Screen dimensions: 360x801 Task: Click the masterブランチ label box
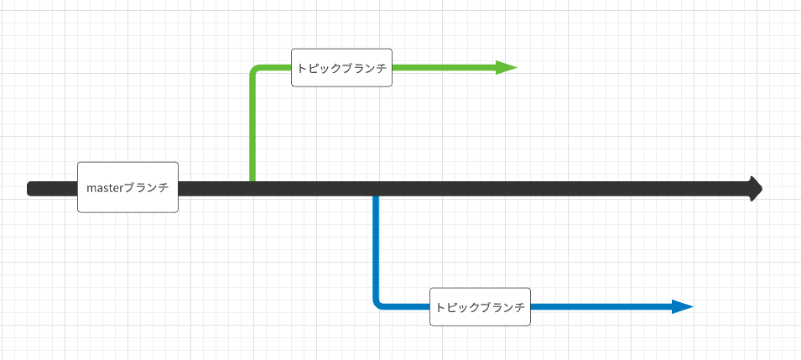coord(127,187)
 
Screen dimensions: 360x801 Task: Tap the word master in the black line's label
coord(104,188)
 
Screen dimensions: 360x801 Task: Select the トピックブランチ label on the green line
coord(342,68)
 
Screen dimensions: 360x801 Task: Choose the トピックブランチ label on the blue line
coord(481,307)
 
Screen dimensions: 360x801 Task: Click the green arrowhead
coord(506,68)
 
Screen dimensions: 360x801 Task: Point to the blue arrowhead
coord(682,307)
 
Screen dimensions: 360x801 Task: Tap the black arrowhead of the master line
coord(756,188)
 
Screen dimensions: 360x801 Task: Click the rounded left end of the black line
coord(31,188)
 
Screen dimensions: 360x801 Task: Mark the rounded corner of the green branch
coord(255,71)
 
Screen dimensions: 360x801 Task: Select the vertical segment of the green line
coord(252,126)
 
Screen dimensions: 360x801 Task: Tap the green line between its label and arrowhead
coord(445,68)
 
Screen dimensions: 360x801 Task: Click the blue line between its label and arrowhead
coord(600,307)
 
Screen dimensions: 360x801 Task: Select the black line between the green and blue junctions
coord(315,188)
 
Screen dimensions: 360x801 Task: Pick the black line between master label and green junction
coord(215,188)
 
